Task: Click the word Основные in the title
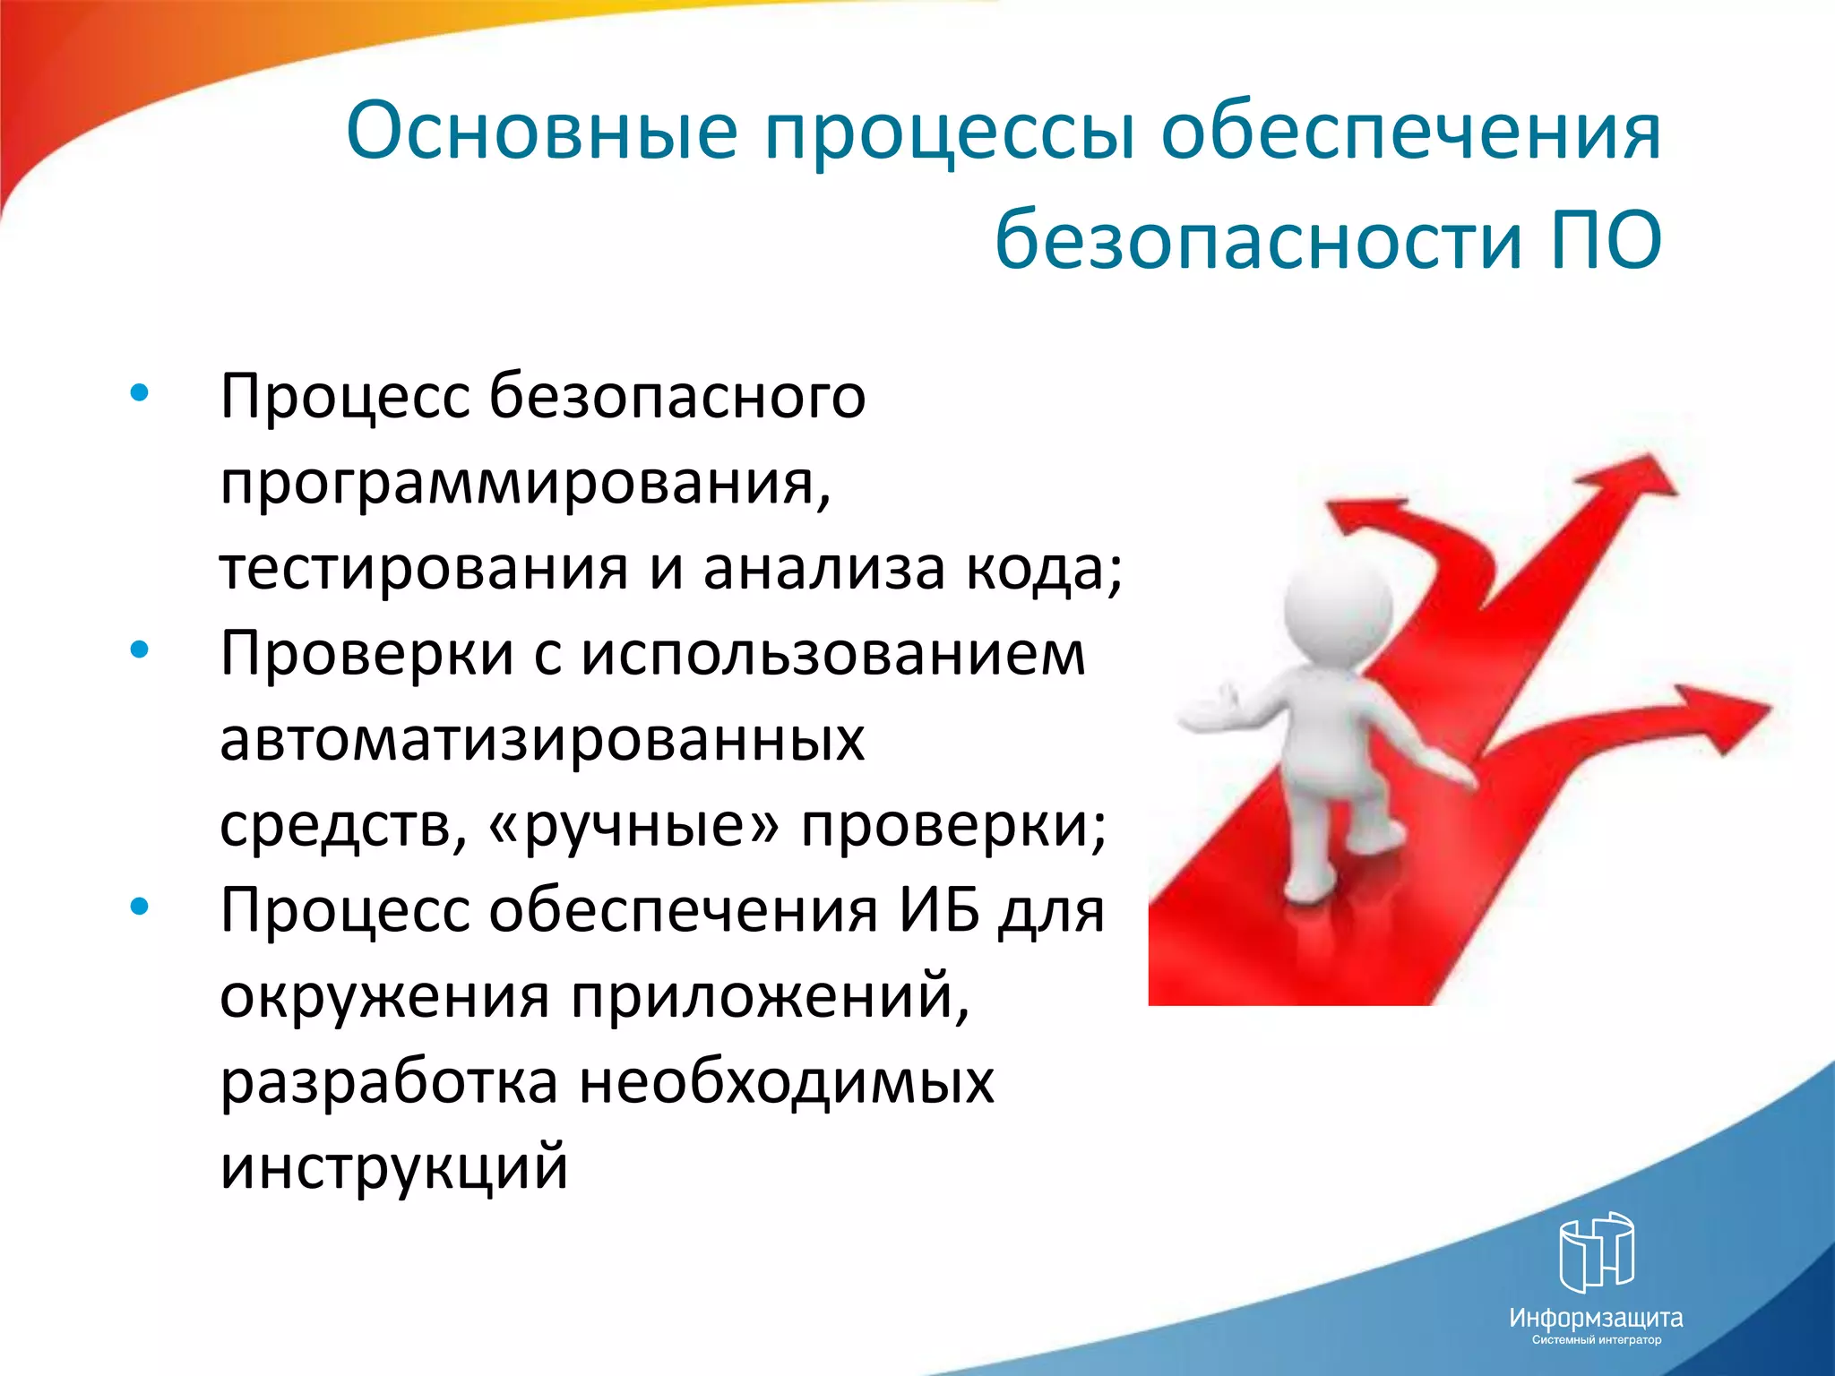[x=541, y=131]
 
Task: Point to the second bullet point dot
[x=139, y=650]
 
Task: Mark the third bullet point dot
[x=139, y=907]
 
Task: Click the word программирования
[x=525, y=484]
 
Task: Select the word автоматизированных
[x=541, y=740]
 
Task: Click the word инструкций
[x=394, y=1166]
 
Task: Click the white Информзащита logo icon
[x=1596, y=1252]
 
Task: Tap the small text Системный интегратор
[x=1596, y=1340]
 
